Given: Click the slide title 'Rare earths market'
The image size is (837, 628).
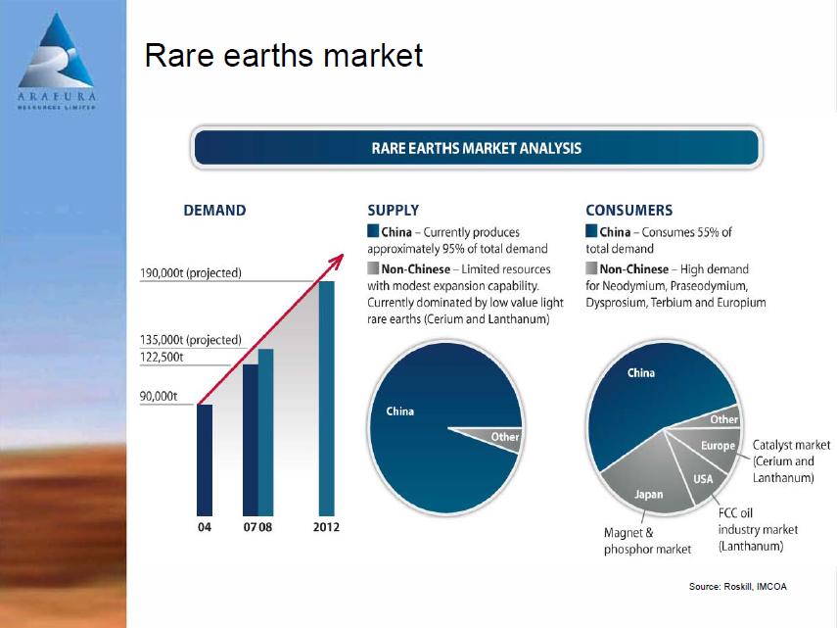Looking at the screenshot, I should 283,56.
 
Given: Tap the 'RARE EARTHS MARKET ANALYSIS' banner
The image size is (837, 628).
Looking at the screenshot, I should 477,149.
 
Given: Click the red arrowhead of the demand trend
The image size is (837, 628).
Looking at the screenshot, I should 339,259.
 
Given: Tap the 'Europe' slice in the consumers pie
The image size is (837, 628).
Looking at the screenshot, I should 716,447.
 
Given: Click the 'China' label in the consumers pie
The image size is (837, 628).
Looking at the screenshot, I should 641,372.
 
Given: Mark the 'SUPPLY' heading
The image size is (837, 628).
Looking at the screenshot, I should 393,210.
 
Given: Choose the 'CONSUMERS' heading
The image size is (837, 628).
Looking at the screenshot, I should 628,210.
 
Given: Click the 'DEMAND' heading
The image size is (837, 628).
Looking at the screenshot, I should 214,210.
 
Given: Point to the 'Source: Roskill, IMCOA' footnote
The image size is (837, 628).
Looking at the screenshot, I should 737,586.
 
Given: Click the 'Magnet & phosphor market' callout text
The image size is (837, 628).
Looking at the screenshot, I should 647,541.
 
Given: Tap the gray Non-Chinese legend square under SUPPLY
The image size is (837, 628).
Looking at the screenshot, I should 373,268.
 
